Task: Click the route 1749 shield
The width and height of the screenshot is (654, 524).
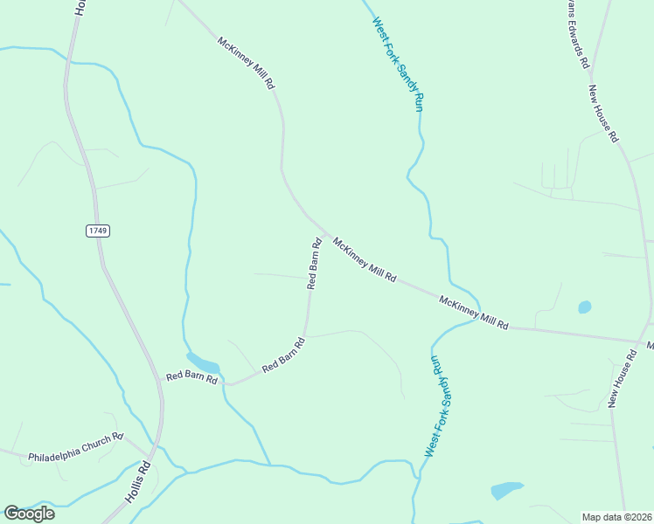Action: (x=98, y=231)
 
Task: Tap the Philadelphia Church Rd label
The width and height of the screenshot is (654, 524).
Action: (x=76, y=447)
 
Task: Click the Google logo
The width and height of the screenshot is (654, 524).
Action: (x=29, y=514)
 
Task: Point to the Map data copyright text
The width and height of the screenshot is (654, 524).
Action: (x=616, y=516)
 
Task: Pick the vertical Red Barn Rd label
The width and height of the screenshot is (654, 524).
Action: (x=314, y=263)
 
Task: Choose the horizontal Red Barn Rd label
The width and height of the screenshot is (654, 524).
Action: (x=191, y=378)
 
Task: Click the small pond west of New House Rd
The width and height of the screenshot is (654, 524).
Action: (x=584, y=307)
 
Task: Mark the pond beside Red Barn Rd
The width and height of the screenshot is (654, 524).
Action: (x=203, y=361)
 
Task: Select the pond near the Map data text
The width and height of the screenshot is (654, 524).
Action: (x=507, y=490)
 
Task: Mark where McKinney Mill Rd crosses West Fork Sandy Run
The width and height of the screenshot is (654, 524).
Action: (x=475, y=319)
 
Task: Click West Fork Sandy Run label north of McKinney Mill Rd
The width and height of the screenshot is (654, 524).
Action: (x=398, y=64)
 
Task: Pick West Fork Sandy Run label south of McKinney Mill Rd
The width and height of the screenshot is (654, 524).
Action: (x=440, y=406)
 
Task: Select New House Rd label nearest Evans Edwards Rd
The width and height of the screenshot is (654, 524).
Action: (x=603, y=114)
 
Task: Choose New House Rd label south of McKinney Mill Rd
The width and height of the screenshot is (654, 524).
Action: (x=622, y=378)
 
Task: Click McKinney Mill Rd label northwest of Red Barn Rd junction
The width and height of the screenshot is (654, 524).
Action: (x=247, y=63)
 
